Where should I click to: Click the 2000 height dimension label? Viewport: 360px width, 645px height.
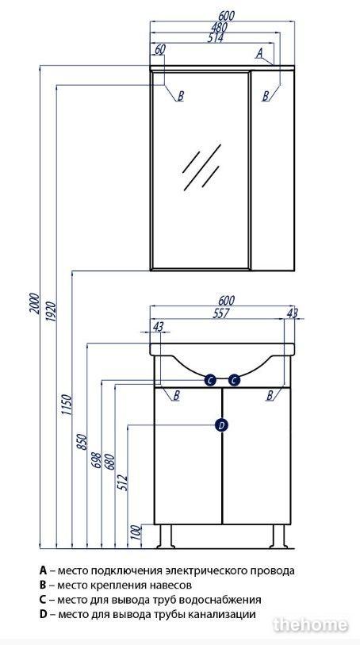(34, 303)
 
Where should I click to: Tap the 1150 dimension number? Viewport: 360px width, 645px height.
(67, 405)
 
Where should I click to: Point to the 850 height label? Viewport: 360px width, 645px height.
(82, 441)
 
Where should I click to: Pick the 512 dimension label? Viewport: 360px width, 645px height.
(122, 482)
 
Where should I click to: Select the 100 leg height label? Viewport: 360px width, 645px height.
(136, 532)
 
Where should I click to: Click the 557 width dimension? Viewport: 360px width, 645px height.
(220, 313)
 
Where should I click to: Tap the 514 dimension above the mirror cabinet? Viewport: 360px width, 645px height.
(215, 38)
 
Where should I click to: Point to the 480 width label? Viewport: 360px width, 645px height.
(219, 27)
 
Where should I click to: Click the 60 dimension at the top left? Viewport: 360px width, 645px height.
(160, 49)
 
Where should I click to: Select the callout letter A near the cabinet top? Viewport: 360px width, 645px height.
(259, 52)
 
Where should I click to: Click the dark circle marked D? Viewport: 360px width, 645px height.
(221, 425)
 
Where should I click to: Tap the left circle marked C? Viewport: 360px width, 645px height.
(210, 381)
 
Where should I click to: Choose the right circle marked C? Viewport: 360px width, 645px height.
(234, 381)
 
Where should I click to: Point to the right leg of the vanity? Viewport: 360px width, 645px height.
(278, 536)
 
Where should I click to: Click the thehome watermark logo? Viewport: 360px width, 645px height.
(311, 625)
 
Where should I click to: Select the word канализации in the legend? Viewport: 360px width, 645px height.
(222, 615)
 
